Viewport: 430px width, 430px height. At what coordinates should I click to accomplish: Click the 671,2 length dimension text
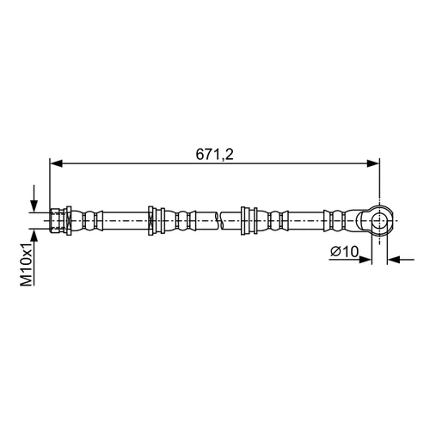point(215,155)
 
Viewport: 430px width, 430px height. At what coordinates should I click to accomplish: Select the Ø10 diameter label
point(344,252)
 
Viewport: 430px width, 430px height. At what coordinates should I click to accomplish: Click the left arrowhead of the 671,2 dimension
point(56,163)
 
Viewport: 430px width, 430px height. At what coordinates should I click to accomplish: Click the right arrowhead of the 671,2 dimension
point(373,163)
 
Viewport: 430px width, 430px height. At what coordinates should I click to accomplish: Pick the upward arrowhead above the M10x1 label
point(34,236)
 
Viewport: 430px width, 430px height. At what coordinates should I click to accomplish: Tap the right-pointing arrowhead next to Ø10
point(365,260)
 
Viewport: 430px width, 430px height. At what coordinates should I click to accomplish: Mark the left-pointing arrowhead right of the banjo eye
point(394,260)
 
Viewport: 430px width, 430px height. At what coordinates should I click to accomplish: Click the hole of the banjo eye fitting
point(379,221)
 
